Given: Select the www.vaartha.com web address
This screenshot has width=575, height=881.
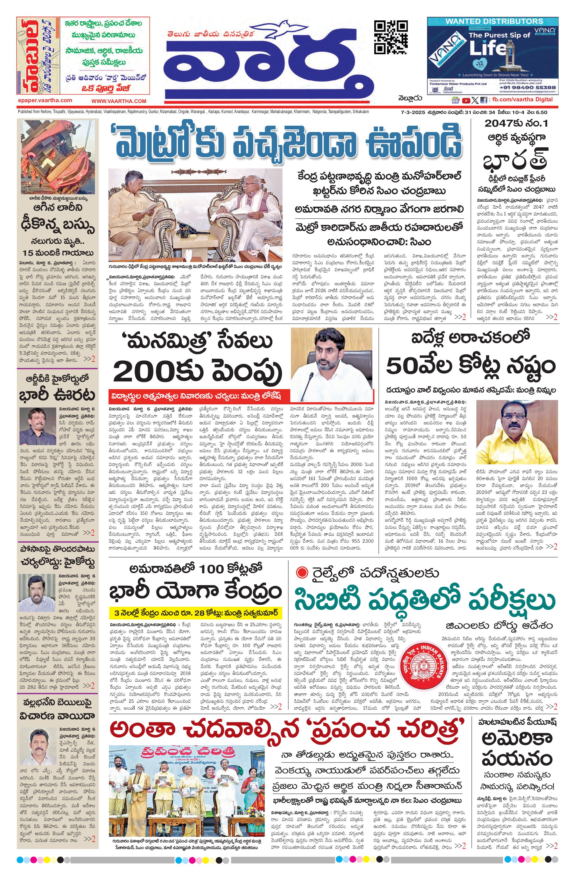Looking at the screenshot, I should (x=119, y=101).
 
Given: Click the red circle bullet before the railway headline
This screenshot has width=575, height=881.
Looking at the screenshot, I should (x=302, y=573).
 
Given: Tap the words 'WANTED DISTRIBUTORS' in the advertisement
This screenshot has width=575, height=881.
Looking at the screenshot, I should (x=494, y=21).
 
